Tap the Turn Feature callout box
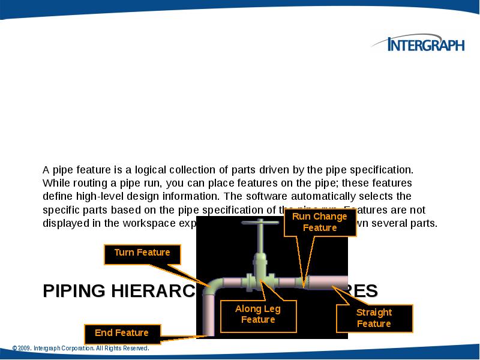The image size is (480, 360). pyautogui.click(x=142, y=253)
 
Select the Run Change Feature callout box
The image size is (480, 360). pyautogui.click(x=320, y=221)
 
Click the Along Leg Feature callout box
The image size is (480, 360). pyautogui.click(x=258, y=314)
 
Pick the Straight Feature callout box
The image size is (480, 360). pyautogui.click(x=374, y=318)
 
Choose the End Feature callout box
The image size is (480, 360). pyautogui.click(x=121, y=332)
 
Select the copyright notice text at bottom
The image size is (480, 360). pyautogui.click(x=80, y=348)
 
